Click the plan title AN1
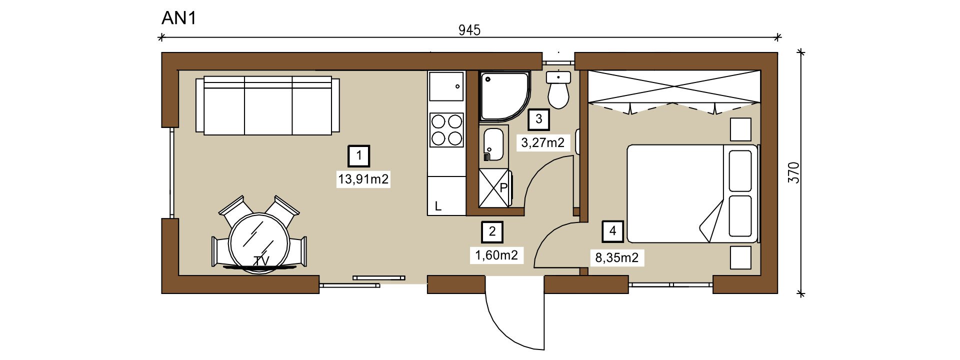[179, 18]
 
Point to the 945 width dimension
[469, 30]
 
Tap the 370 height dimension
[793, 172]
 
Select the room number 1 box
[359, 156]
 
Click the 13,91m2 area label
[363, 179]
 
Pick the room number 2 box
[492, 231]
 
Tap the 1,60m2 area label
[496, 255]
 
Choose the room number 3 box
[539, 119]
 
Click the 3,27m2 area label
[543, 143]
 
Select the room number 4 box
[613, 231]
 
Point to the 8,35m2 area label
[617, 257]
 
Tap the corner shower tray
[504, 96]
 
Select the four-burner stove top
[446, 130]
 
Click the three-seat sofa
[267, 105]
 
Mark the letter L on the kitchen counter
[438, 206]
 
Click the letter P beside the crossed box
[503, 188]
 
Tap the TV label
[261, 261]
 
